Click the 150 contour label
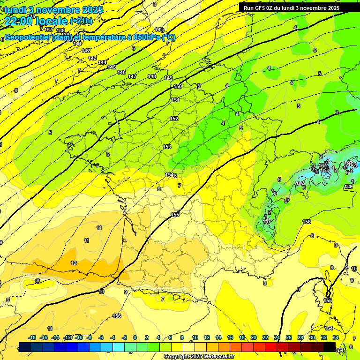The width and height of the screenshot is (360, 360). (x=178, y=86)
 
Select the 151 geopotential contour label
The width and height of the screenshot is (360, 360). (x=175, y=100)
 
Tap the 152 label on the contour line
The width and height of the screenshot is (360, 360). (x=174, y=119)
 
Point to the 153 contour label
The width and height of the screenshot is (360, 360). (x=167, y=147)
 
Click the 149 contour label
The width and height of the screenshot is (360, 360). (x=168, y=78)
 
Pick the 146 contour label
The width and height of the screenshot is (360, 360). (x=121, y=72)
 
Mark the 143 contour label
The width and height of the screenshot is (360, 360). (x=92, y=58)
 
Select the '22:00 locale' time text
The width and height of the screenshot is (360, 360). (x=36, y=21)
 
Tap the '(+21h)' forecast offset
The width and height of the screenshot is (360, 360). (x=81, y=21)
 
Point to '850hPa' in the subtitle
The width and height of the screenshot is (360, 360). (x=149, y=37)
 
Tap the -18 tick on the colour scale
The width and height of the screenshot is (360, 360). (x=32, y=337)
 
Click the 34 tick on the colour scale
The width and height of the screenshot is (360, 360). (x=336, y=337)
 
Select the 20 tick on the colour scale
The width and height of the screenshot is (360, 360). (x=254, y=337)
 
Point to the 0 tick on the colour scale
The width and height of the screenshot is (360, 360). (x=135, y=337)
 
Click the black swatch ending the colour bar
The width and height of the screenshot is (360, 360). (x=330, y=347)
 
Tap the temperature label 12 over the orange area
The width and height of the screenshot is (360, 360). (x=74, y=263)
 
